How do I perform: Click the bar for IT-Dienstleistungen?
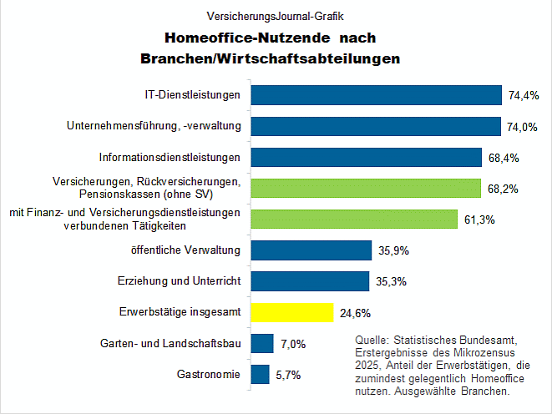coord(376,95)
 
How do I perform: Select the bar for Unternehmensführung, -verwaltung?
coord(375,126)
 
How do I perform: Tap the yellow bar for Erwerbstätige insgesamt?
coord(292,313)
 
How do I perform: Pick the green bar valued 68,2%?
coord(366,188)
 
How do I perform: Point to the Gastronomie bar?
coord(260,375)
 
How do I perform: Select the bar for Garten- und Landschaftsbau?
coord(262,344)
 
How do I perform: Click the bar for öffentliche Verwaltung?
coord(311,250)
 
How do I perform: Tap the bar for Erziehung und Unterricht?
coord(310,281)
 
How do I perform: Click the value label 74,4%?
coord(524,96)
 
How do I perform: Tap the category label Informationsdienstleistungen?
coord(170,157)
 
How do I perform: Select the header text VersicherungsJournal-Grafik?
coord(276,15)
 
